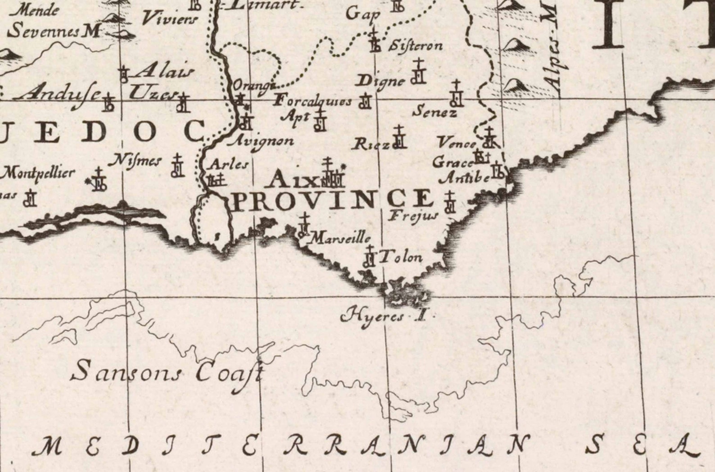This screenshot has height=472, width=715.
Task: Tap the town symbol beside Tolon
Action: click(x=370, y=257)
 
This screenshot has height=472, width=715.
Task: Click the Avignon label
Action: click(x=262, y=141)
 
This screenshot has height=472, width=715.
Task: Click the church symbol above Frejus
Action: click(x=449, y=202)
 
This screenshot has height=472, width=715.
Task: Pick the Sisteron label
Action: click(x=415, y=45)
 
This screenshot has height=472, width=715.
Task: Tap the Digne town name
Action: click(x=381, y=82)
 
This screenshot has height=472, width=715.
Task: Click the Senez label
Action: click(x=435, y=111)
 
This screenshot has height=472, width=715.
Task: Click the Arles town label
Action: click(x=229, y=164)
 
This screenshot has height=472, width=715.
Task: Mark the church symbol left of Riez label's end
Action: click(x=399, y=137)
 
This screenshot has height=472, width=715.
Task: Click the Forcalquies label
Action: click(x=313, y=100)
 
